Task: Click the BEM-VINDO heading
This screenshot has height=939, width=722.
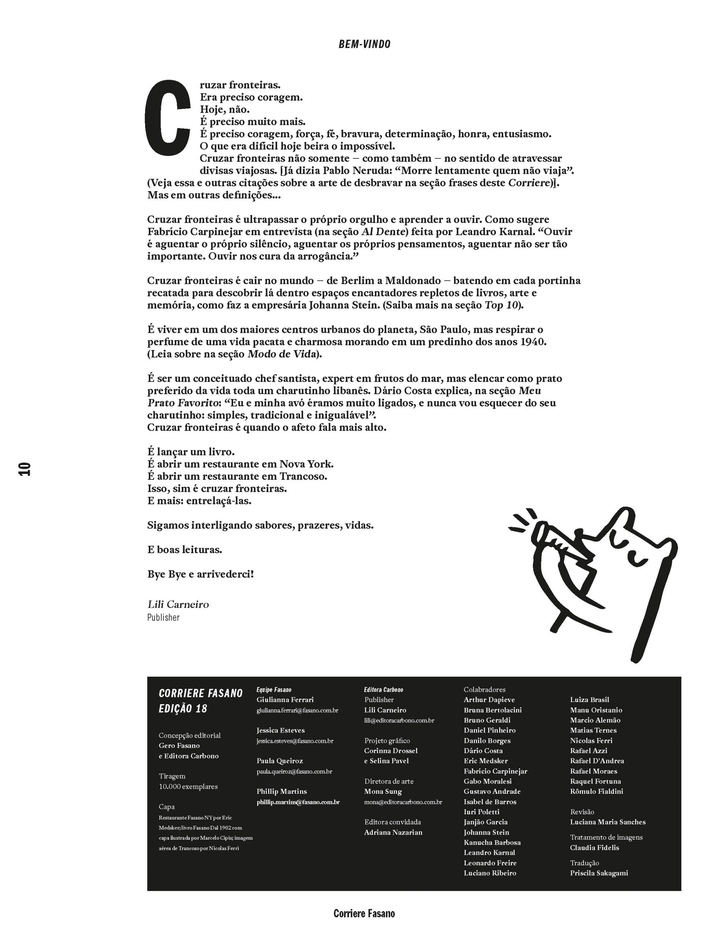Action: point(364,44)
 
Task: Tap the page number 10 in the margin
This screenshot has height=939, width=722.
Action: point(25,469)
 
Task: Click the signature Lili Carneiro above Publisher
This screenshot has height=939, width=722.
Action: point(178,604)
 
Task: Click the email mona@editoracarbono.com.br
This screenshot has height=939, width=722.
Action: point(403,802)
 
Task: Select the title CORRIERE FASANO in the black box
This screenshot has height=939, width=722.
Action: point(200,693)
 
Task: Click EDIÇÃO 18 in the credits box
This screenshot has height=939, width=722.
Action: point(183,709)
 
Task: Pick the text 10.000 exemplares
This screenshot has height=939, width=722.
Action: point(188,786)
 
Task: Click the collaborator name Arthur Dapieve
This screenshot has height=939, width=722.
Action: point(489,700)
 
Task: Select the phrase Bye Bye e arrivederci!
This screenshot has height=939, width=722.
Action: point(200,574)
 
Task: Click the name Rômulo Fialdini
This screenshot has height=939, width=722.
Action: point(596,791)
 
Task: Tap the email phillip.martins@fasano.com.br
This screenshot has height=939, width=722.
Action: point(298,802)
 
